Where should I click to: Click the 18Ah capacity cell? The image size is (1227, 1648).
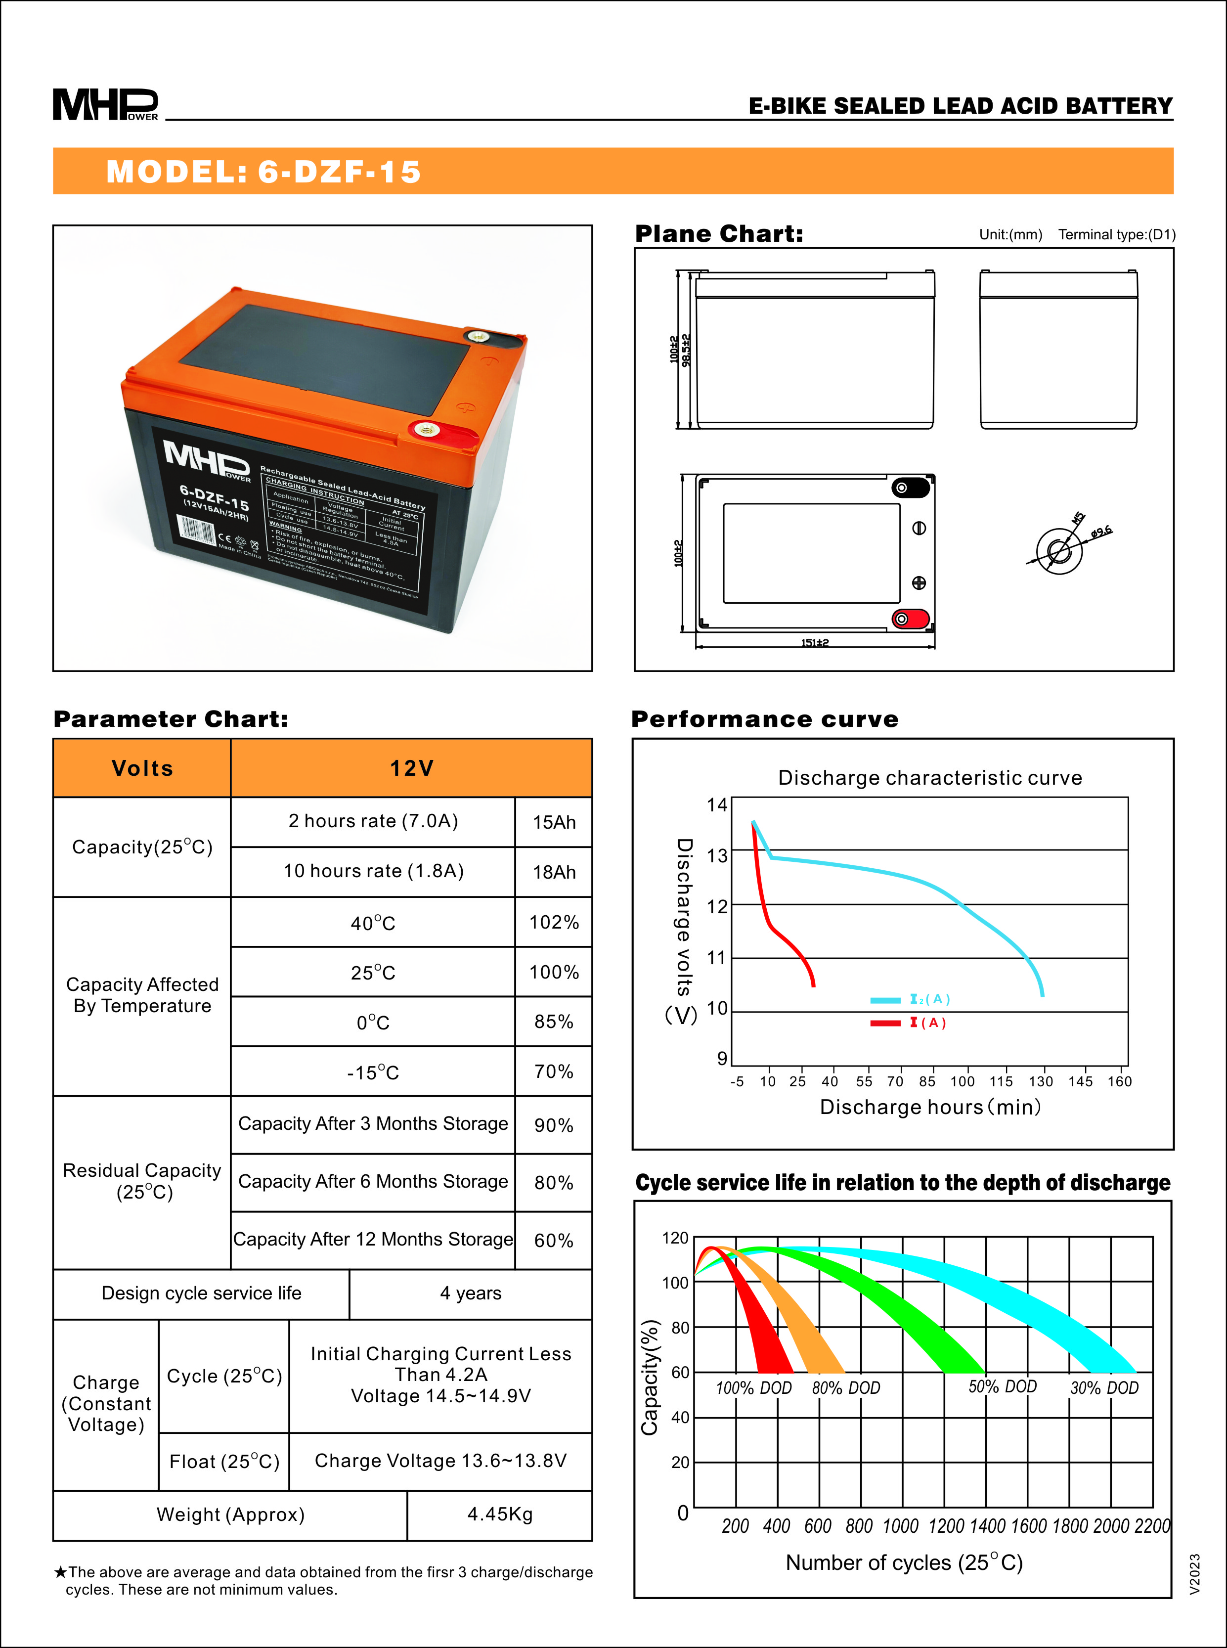(553, 872)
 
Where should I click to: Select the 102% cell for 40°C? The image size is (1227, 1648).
(553, 923)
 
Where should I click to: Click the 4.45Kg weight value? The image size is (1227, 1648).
(500, 1514)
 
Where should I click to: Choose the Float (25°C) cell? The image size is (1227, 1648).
(224, 1462)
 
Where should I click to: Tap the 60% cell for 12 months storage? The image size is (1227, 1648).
(553, 1240)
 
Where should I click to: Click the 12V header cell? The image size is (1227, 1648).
(411, 768)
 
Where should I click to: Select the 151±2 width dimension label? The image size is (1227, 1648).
(815, 642)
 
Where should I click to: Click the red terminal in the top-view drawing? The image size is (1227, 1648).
(908, 619)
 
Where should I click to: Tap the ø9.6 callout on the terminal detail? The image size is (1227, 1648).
(1101, 532)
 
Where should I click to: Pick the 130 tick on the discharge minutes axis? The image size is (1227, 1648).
(1041, 1081)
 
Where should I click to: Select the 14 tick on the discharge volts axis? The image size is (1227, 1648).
(717, 805)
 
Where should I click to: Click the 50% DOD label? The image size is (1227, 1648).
(1002, 1386)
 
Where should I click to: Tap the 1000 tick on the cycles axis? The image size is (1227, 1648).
(900, 1526)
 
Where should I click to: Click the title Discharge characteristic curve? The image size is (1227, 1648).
(930, 778)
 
